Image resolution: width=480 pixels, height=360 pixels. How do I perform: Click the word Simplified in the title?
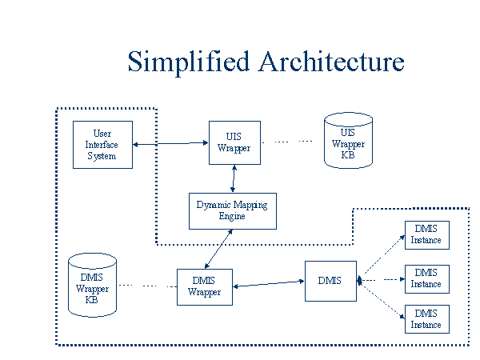point(189,62)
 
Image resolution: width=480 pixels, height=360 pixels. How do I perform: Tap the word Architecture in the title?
point(331,62)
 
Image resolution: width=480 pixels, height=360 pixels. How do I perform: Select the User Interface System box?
point(103,145)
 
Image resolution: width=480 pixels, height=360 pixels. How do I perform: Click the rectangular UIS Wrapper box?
point(234,142)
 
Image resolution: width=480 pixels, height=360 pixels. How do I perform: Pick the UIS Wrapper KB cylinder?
point(348,141)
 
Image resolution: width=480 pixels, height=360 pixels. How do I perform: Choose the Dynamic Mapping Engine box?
point(233,211)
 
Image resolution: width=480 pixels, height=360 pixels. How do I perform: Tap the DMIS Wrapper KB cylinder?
point(92,285)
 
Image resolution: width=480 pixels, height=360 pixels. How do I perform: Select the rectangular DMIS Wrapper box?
point(205,287)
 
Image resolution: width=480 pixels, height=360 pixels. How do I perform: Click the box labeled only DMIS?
point(330,281)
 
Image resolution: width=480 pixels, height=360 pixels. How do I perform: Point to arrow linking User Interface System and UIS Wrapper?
point(171,143)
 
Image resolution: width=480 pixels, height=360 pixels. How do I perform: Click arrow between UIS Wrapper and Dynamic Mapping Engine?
point(234,178)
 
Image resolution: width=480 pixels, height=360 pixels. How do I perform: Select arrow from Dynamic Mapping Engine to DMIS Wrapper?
point(218,249)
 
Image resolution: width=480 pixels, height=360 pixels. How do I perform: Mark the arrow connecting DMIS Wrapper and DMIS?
point(269,284)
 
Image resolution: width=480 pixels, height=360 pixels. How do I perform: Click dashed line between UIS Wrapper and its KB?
point(287,142)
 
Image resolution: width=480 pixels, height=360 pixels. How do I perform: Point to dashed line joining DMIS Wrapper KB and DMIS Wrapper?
point(148,286)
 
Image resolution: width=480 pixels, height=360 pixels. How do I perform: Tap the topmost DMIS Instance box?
point(427,235)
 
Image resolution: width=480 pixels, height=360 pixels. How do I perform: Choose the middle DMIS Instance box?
point(427,279)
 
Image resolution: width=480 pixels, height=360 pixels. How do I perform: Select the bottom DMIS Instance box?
point(427,319)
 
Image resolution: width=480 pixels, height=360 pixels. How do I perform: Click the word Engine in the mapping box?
point(232,217)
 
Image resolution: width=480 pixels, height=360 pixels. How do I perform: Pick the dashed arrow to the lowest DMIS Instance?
point(382,300)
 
